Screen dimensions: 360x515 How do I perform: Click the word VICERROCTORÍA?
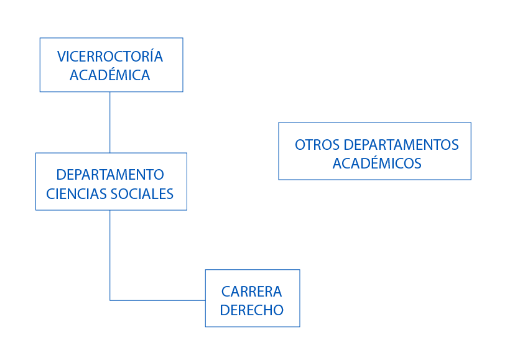coord(110,57)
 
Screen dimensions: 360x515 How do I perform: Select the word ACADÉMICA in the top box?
coord(110,75)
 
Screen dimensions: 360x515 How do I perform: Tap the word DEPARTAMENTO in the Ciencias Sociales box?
coord(110,174)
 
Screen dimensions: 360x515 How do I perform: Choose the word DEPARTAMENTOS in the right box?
coord(401,145)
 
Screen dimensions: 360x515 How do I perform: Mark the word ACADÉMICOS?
coord(377,164)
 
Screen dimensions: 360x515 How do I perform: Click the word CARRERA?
coord(252,291)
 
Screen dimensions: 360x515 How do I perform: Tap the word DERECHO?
coord(252,310)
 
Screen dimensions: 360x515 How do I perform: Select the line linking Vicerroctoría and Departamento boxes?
coord(110,122)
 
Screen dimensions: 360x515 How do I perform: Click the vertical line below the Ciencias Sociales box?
coord(110,255)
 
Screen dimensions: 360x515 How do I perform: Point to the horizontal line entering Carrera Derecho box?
coord(158,300)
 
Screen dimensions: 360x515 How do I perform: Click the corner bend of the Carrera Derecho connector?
coord(110,300)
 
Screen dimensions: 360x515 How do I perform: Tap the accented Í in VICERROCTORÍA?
coord(150,56)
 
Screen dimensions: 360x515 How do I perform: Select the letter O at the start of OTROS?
coord(300,145)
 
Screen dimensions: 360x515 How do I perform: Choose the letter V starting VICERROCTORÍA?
coord(61,57)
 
